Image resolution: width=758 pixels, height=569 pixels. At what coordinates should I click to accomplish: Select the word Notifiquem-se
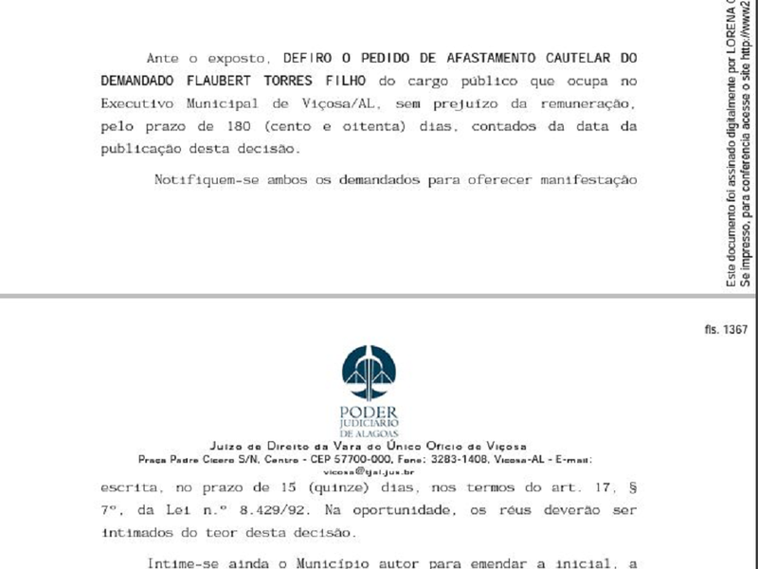click(x=206, y=180)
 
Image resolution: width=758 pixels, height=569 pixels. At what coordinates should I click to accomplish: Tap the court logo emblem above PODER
click(x=372, y=373)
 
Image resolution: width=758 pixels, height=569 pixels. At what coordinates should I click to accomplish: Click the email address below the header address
click(x=368, y=470)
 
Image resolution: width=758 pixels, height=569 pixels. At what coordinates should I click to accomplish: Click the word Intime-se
click(x=186, y=562)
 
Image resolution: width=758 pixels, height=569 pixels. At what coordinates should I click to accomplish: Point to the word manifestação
click(x=591, y=180)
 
